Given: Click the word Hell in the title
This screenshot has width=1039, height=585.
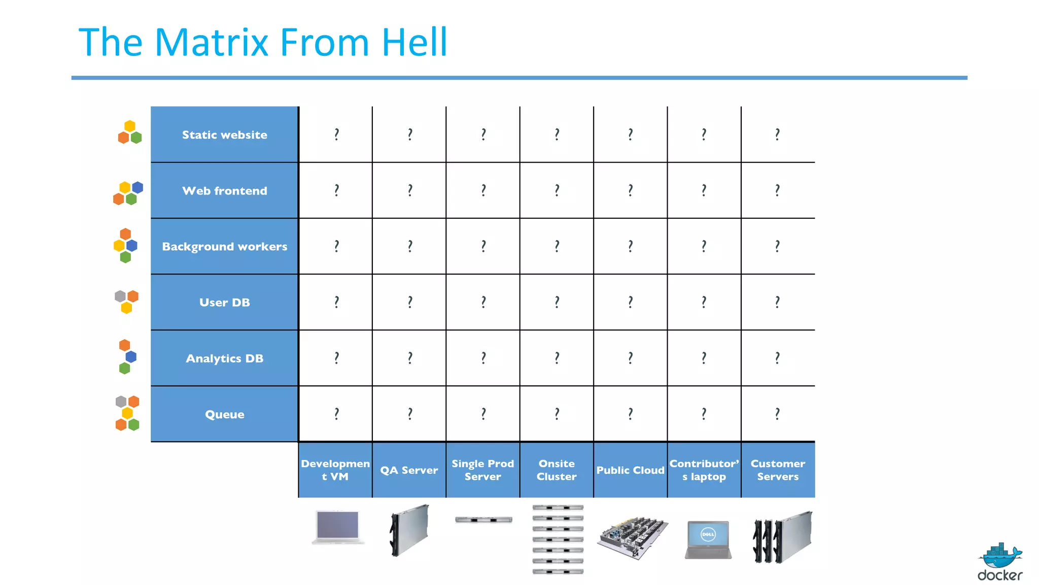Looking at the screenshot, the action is pyautogui.click(x=414, y=42).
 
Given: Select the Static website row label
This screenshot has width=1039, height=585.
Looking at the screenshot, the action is pyautogui.click(x=224, y=135).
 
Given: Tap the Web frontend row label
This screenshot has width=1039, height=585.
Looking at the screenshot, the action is pyautogui.click(x=224, y=190).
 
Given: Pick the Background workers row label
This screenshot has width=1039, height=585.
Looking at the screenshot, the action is pyautogui.click(x=224, y=246).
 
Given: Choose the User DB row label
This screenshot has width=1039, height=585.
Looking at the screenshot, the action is pyautogui.click(x=224, y=302).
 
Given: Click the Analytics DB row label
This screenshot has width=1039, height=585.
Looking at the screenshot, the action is pyautogui.click(x=224, y=358).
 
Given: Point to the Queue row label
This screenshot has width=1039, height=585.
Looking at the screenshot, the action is pyautogui.click(x=224, y=414).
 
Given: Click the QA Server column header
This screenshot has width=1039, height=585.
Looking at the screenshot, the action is pyautogui.click(x=409, y=470).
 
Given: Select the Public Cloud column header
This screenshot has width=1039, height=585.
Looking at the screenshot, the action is pyautogui.click(x=630, y=470).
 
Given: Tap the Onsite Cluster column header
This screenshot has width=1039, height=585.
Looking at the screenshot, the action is pyautogui.click(x=557, y=470).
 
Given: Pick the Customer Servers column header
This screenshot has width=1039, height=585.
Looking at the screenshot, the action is pyautogui.click(x=778, y=470).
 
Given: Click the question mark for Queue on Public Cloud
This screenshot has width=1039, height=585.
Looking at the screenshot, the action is pyautogui.click(x=630, y=414).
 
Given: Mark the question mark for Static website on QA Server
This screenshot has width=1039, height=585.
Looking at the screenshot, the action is pyautogui.click(x=410, y=134).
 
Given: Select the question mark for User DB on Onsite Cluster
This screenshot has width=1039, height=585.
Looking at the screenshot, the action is pyautogui.click(x=557, y=302).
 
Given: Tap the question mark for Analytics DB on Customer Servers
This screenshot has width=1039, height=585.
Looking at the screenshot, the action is pyautogui.click(x=777, y=358).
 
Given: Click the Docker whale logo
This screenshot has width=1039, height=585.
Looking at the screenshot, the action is pyautogui.click(x=1000, y=556).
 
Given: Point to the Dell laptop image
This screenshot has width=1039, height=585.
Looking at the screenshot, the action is pyautogui.click(x=708, y=539).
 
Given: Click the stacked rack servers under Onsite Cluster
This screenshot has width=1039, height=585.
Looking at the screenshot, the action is pyautogui.click(x=558, y=539).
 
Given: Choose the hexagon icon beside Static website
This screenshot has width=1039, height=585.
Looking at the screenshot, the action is pyautogui.click(x=130, y=133).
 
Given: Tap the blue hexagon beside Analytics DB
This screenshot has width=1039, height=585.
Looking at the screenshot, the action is pyautogui.click(x=131, y=356).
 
